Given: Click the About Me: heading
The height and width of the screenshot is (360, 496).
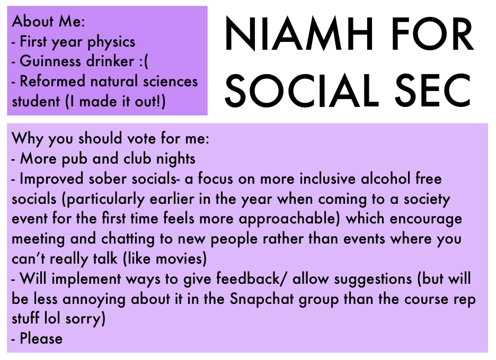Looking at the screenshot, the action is [x=48, y=22].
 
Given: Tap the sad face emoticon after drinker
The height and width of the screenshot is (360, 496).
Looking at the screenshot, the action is [x=143, y=62].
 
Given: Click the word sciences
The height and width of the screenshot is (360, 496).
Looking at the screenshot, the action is [x=171, y=81].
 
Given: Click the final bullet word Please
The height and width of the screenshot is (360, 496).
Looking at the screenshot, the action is [x=41, y=338].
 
